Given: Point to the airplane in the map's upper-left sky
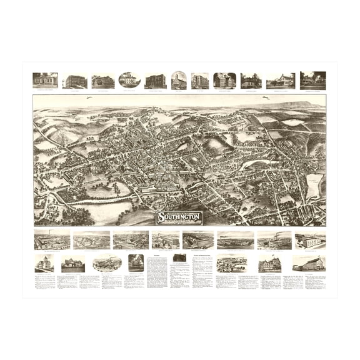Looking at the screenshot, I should [91, 97].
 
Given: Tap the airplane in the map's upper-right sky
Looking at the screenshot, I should [267, 98].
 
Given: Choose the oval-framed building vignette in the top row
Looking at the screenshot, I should [129, 80].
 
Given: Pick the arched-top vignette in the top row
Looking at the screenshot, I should [179, 80].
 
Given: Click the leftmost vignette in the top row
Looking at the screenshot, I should [45, 80].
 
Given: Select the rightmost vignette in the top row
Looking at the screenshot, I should [312, 80].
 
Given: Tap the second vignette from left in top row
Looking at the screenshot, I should [74, 81].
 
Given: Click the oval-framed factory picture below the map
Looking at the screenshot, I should [107, 263].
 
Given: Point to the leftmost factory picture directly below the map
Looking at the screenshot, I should [52, 240].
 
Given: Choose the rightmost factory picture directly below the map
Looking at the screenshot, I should [310, 240].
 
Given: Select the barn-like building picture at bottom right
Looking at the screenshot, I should [308, 263].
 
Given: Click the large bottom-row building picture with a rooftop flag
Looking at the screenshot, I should [269, 264].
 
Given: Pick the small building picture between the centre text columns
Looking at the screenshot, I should [179, 257].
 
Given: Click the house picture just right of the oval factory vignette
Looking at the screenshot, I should [136, 262].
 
